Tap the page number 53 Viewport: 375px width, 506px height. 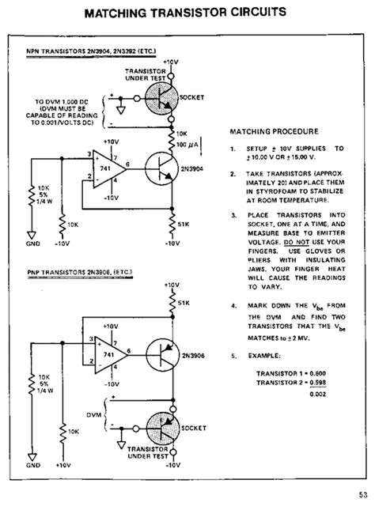[x=360, y=496]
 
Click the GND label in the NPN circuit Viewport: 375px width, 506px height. [x=32, y=245]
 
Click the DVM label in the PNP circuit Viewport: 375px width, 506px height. [x=93, y=414]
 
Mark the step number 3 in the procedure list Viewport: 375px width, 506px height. [x=233, y=213]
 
